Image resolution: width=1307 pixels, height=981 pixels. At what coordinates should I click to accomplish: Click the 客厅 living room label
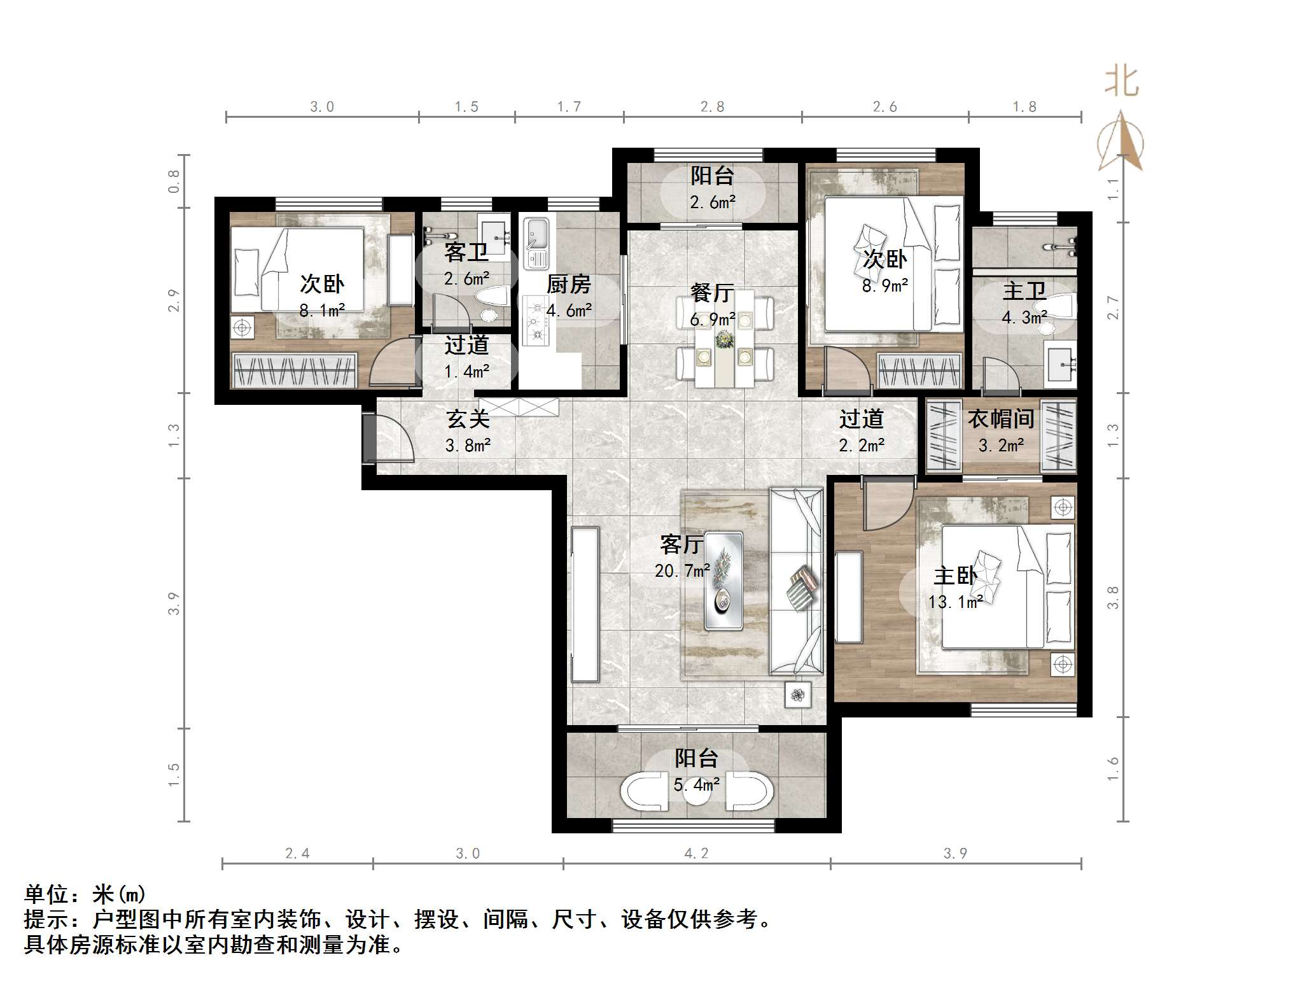tap(681, 544)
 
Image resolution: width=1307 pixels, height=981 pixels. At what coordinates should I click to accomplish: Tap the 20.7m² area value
tap(682, 571)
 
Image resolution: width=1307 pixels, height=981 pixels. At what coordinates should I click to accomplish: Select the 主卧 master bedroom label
tap(954, 575)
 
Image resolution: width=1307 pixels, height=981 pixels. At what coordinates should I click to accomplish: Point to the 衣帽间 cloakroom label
tap(1000, 419)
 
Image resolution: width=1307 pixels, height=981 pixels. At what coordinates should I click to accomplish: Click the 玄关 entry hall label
tap(468, 419)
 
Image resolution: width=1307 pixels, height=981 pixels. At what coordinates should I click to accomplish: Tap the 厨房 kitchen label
tap(568, 284)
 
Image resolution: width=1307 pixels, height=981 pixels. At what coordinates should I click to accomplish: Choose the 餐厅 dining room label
tap(712, 293)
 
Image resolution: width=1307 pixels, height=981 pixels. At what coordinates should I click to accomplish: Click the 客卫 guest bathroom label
tap(466, 253)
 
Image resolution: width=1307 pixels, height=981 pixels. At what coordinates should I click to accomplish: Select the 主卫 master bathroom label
tap(1024, 291)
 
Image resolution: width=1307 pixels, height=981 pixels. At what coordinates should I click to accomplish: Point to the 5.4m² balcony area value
tap(697, 784)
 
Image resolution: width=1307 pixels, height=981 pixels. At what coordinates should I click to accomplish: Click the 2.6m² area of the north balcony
tap(713, 202)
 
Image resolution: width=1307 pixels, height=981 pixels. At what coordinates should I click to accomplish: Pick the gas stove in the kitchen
tap(536, 321)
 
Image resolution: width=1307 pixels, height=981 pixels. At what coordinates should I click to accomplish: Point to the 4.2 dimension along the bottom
tap(696, 853)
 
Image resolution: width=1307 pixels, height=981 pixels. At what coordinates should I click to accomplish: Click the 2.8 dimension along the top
tap(712, 107)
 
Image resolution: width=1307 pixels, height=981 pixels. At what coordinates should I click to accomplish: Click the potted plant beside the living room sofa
tap(798, 695)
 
